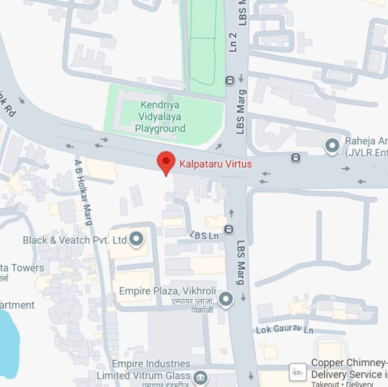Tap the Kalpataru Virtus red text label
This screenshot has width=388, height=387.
(x=216, y=164)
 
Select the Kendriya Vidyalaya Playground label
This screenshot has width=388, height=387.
(x=160, y=116)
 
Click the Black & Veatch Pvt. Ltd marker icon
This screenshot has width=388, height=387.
(x=137, y=239)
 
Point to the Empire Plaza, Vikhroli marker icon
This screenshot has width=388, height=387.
(x=226, y=299)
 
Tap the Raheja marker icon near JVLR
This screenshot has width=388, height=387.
(x=332, y=145)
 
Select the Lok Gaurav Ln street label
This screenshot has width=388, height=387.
(x=285, y=329)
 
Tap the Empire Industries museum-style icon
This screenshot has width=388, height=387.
(x=201, y=377)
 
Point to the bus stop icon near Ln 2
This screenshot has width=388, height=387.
(x=230, y=79)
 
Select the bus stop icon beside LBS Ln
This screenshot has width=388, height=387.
(x=229, y=229)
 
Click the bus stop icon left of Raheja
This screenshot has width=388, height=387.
(x=296, y=157)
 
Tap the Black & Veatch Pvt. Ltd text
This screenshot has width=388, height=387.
(x=74, y=240)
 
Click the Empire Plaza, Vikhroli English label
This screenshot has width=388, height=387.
(x=168, y=291)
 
